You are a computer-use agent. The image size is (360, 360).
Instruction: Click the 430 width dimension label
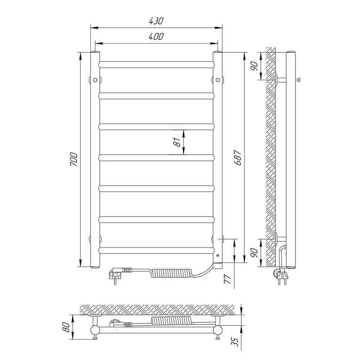(x=156, y=21)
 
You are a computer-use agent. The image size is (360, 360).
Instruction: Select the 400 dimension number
(x=156, y=37)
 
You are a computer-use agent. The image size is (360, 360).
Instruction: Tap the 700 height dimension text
(x=74, y=159)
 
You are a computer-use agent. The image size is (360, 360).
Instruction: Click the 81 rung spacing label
(x=177, y=142)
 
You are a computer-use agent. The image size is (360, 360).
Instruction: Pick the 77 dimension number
(x=228, y=279)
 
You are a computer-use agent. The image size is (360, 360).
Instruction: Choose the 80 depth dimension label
(x=66, y=327)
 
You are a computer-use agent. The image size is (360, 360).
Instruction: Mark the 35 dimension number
(x=234, y=342)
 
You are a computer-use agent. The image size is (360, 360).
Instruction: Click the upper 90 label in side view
(x=255, y=66)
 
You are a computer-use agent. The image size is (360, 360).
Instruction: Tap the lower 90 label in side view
(x=255, y=253)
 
